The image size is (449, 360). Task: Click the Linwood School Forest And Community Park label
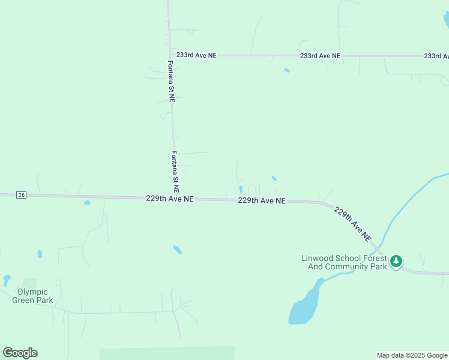[344, 263]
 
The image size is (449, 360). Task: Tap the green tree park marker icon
[396, 261]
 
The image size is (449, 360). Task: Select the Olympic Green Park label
[32, 296]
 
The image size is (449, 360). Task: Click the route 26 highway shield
[21, 195]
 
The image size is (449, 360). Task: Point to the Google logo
[20, 353]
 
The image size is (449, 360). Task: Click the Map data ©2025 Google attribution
[412, 355]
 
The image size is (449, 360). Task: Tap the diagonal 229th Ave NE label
[353, 224]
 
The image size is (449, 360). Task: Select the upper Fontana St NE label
[171, 81]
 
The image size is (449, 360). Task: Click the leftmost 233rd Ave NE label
[196, 55]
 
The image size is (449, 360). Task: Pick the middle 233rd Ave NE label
[320, 56]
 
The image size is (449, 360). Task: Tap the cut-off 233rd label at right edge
[436, 56]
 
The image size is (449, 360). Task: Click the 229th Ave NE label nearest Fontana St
[169, 198]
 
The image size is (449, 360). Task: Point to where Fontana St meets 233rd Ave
[170, 55]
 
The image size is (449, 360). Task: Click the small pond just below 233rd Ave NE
[287, 70]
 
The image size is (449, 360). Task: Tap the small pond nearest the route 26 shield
[87, 203]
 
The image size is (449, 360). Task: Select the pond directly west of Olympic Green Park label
[7, 280]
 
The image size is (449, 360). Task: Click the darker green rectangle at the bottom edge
[167, 353]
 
